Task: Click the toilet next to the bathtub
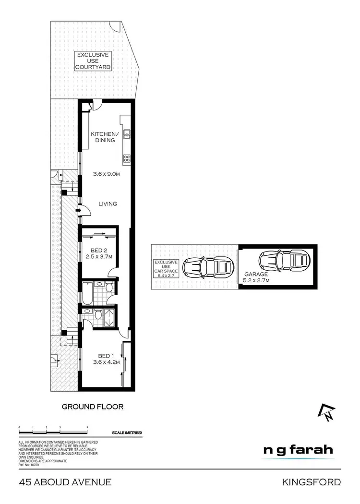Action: coord(108,288)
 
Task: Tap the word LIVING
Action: coord(108,204)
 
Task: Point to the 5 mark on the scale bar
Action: coord(87,427)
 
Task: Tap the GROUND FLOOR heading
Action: coord(93,407)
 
